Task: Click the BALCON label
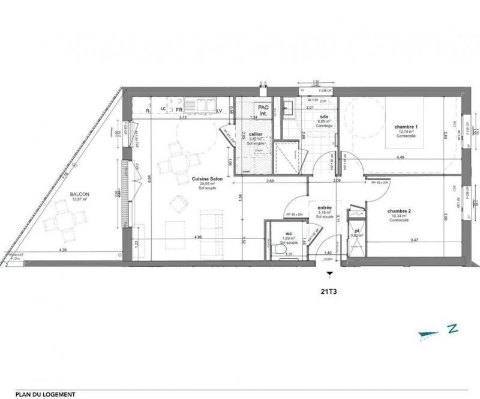pos(79,194)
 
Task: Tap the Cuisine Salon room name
pos(204,180)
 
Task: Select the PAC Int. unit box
pos(263,108)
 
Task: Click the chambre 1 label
pos(406,127)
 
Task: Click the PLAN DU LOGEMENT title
pos(46,394)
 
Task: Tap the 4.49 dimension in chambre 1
pos(399,157)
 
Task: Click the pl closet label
pos(357,231)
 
